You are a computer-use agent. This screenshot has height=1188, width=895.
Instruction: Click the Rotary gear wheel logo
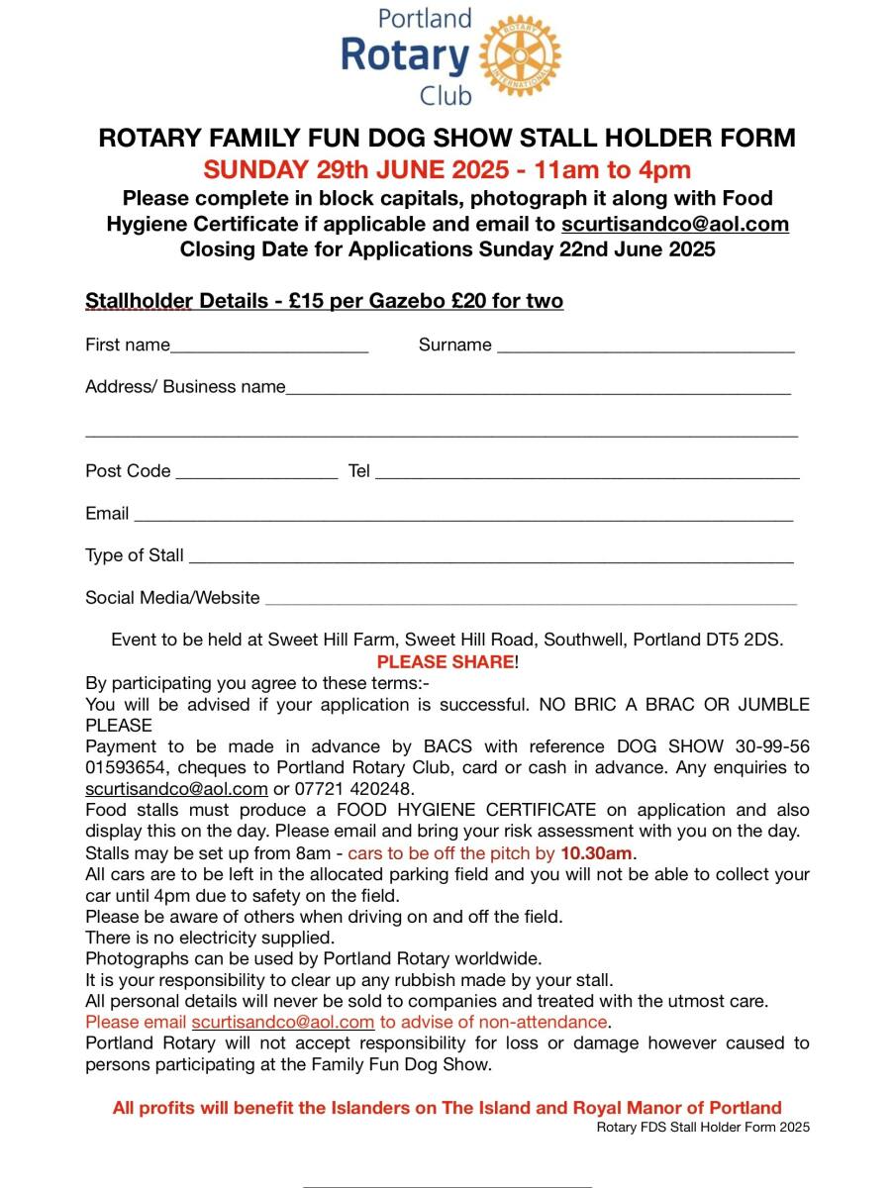click(x=519, y=55)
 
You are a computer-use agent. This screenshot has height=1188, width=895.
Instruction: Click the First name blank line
click(x=269, y=347)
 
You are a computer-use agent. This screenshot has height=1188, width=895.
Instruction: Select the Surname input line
click(x=645, y=347)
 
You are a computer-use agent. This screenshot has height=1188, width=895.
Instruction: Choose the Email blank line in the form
click(x=462, y=516)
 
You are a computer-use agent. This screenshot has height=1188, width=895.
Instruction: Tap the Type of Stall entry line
click(x=491, y=558)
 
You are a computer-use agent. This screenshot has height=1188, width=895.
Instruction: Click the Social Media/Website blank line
click(x=531, y=600)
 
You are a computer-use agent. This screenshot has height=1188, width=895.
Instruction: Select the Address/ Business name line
click(x=538, y=389)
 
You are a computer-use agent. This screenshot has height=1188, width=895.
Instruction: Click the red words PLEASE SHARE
click(x=445, y=661)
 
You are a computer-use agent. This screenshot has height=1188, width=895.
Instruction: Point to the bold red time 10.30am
click(x=596, y=852)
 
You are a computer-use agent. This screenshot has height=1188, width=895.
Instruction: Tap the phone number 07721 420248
click(x=354, y=789)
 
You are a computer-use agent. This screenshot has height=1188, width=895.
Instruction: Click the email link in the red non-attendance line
click(x=283, y=1022)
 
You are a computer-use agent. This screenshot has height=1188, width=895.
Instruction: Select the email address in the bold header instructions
click(x=675, y=224)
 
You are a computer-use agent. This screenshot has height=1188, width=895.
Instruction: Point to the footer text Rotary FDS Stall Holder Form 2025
click(x=703, y=1127)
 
